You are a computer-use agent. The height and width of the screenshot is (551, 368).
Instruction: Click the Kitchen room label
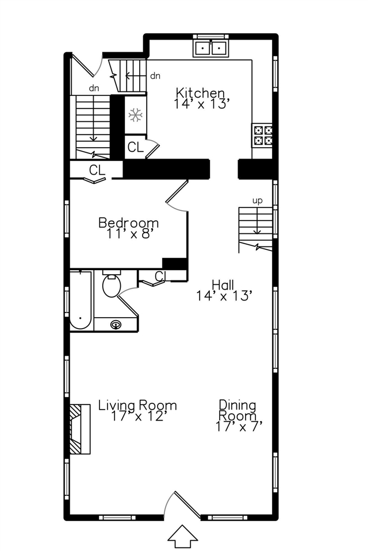pyautogui.click(x=200, y=92)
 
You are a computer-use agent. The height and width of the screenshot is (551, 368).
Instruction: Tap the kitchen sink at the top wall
pyautogui.click(x=210, y=47)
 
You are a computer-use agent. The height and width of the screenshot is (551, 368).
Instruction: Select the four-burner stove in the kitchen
pyautogui.click(x=263, y=134)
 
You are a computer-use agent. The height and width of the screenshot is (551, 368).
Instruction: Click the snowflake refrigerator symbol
pyautogui.click(x=135, y=115)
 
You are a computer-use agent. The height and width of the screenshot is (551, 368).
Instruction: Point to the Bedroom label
pyautogui.click(x=128, y=222)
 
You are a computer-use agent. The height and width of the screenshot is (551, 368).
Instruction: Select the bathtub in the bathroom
pyautogui.click(x=80, y=300)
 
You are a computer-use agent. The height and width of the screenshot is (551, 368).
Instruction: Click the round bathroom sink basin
pyautogui.click(x=116, y=325)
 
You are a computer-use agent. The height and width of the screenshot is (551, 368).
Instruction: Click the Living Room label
pyautogui.click(x=137, y=405)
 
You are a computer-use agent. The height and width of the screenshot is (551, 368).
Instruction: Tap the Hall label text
pyautogui.click(x=223, y=284)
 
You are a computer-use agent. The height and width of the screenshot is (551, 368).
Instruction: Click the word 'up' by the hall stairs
pyautogui.click(x=258, y=201)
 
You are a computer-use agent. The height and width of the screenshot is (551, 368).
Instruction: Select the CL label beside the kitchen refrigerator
pyautogui.click(x=135, y=147)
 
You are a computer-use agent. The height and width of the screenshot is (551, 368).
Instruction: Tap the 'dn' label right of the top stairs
pyautogui.click(x=155, y=75)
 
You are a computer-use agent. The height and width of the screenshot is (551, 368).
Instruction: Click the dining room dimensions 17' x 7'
pyautogui.click(x=239, y=427)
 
